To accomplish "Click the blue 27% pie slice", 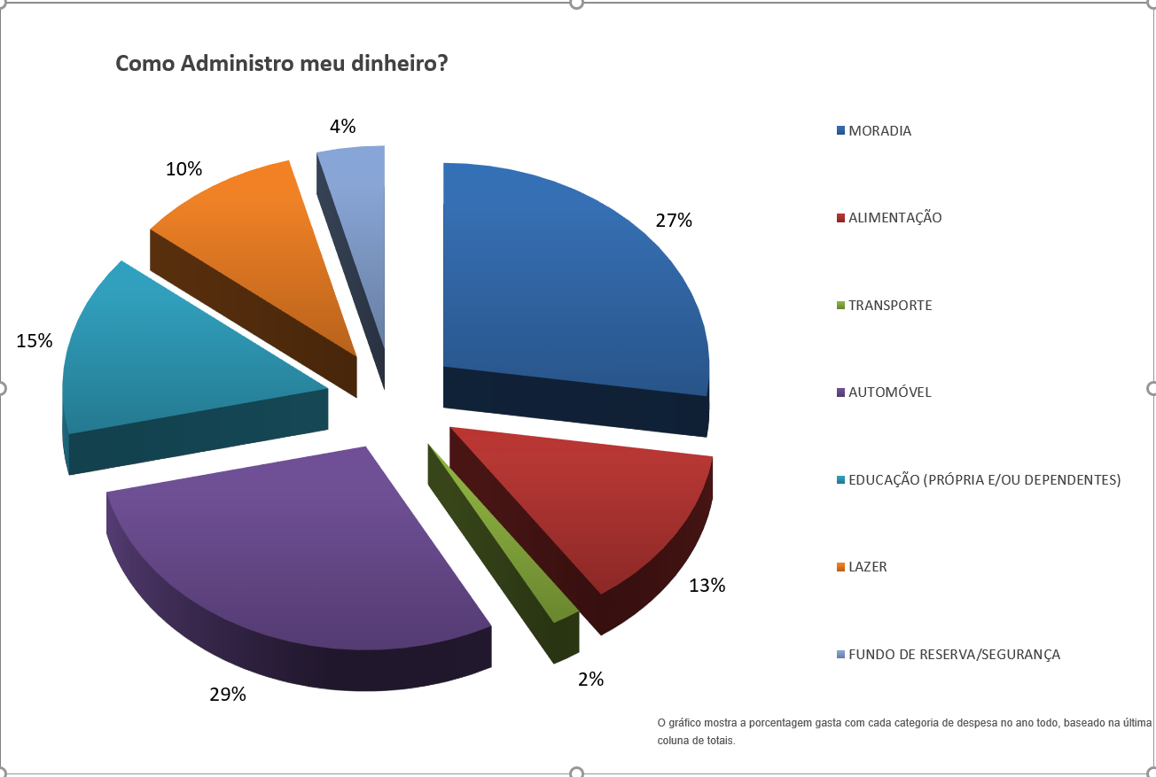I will (x=567, y=284).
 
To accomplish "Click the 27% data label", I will (x=674, y=221).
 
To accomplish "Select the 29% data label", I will (x=228, y=694).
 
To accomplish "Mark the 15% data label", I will (x=35, y=340).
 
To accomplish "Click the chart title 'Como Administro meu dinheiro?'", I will (x=282, y=64).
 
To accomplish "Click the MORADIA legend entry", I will (x=879, y=131).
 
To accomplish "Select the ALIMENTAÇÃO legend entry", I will (x=894, y=218).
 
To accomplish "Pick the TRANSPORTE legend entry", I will (x=890, y=306).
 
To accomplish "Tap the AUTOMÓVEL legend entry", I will (x=889, y=392).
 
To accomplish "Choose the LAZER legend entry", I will (x=867, y=567).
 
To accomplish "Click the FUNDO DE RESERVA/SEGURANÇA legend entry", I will (x=954, y=655).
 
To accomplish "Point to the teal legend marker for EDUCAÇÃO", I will (x=840, y=480).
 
